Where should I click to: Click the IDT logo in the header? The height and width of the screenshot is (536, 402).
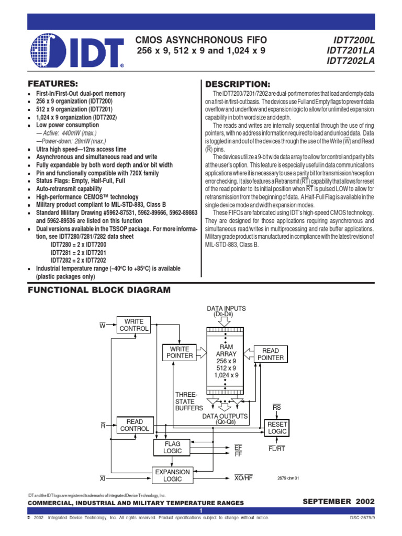(77, 51)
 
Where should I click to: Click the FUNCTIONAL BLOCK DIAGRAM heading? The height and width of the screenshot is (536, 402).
(99, 289)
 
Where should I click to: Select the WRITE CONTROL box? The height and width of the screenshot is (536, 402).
(134, 325)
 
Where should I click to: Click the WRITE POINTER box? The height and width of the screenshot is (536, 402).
(180, 353)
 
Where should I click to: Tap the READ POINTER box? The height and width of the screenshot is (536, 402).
(271, 354)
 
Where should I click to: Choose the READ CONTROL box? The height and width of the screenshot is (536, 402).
(135, 425)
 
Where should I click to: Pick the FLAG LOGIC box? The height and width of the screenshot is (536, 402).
(172, 447)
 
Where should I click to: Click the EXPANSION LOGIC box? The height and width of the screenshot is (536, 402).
(172, 475)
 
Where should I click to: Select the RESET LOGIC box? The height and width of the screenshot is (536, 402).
(277, 428)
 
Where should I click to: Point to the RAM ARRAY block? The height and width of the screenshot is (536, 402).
(226, 361)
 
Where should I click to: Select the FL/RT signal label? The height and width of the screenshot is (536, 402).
(276, 449)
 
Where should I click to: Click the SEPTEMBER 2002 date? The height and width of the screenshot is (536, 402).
(339, 501)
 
